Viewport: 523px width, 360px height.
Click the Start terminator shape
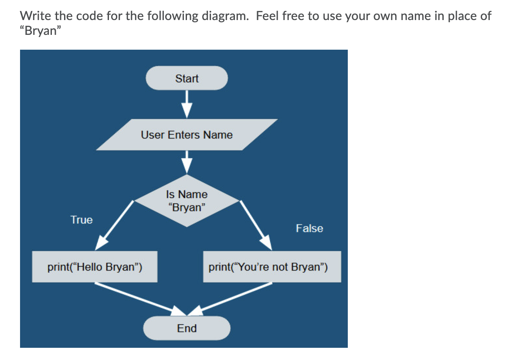[x=187, y=78]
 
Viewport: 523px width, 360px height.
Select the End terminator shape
[x=187, y=328]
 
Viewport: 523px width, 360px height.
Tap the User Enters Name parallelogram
[x=187, y=135]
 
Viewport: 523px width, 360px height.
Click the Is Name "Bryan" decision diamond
[x=187, y=200]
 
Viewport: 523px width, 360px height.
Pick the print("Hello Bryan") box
[x=95, y=267]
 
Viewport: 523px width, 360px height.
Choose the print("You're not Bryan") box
[x=272, y=267]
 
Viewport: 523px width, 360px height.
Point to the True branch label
[x=82, y=220]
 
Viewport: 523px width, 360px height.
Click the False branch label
[x=309, y=228]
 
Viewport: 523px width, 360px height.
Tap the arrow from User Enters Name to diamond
[x=187, y=162]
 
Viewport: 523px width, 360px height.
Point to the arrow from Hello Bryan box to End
[x=139, y=299]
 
